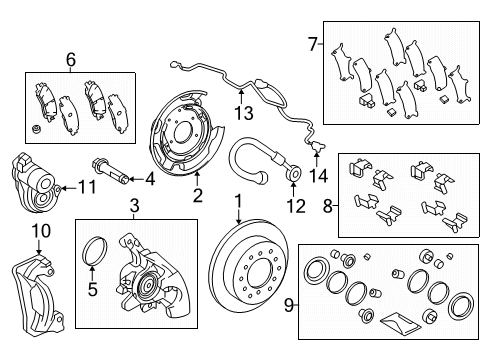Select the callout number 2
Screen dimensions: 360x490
tap(197, 194)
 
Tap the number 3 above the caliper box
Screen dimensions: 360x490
tap(134, 207)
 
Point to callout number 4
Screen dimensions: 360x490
tap(150, 180)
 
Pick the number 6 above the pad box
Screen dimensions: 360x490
tap(71, 60)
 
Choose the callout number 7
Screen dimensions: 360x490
tap(311, 43)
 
